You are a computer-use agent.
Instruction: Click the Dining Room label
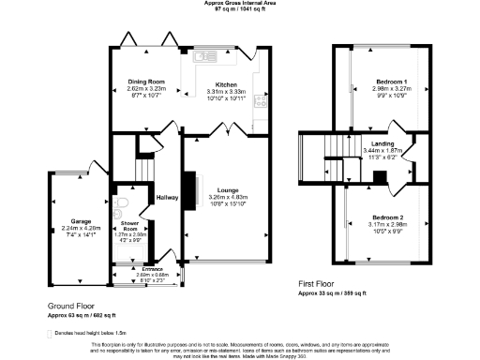[145, 82]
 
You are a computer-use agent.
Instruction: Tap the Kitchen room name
[226, 84]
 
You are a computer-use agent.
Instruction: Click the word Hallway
[167, 197]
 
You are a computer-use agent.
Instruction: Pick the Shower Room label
[129, 226]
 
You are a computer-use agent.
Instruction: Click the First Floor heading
[318, 282]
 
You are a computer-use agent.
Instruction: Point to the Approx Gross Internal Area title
[240, 4]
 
